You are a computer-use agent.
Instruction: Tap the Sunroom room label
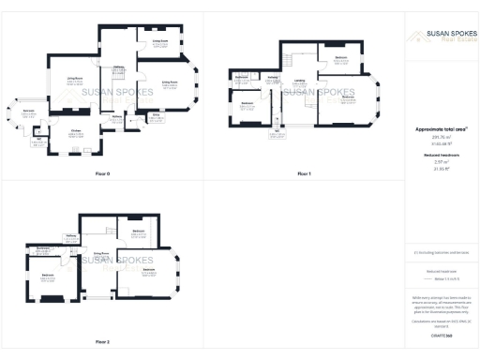point(29,111)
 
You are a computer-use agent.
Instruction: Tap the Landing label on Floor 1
point(298,81)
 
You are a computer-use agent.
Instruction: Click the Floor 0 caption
point(102,174)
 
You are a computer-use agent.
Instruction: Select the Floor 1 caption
point(303,174)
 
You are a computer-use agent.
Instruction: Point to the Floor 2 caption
point(102,341)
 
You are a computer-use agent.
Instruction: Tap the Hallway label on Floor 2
point(70,235)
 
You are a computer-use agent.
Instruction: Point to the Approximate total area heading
point(440,127)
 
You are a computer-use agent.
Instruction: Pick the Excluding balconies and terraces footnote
point(441,253)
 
